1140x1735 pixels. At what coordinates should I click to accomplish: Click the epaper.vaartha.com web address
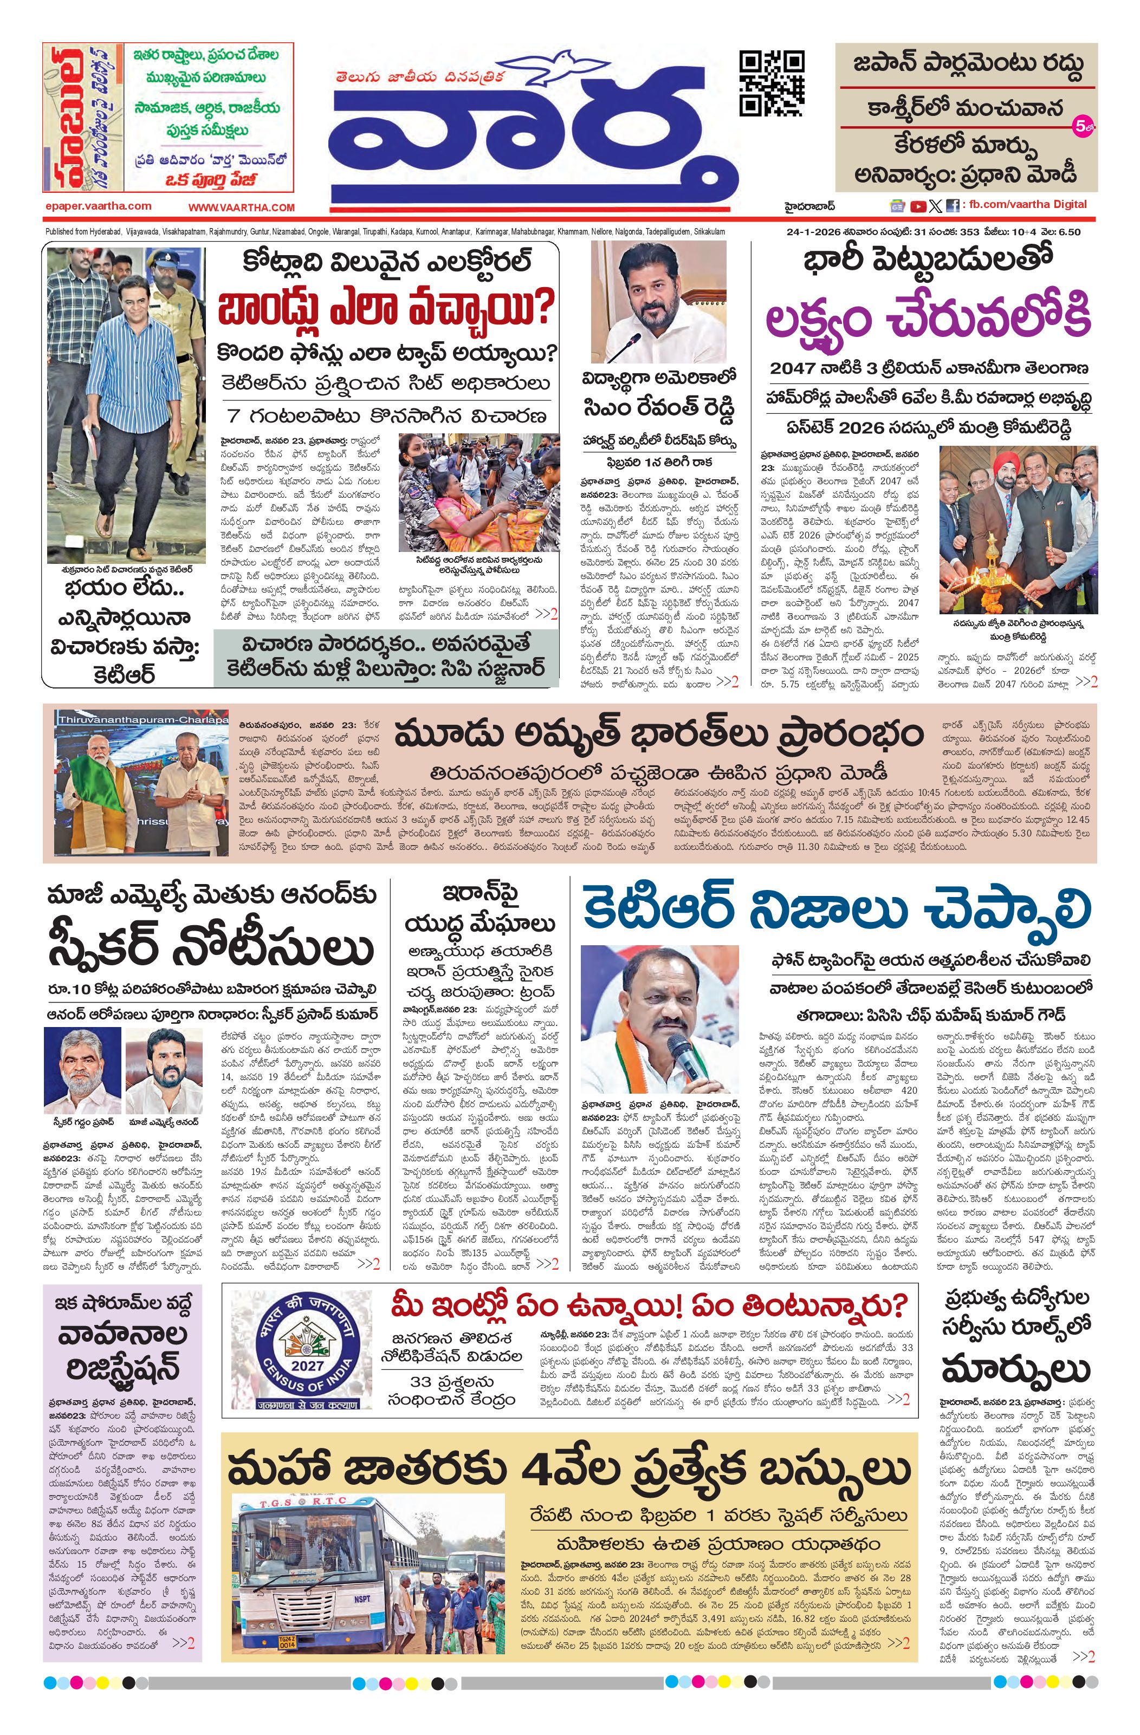click(x=98, y=206)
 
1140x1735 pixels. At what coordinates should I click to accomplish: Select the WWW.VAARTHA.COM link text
click(x=242, y=207)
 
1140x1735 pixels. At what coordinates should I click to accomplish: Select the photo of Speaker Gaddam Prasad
click(x=82, y=1071)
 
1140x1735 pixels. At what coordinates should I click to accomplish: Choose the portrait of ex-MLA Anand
click(x=164, y=1071)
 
